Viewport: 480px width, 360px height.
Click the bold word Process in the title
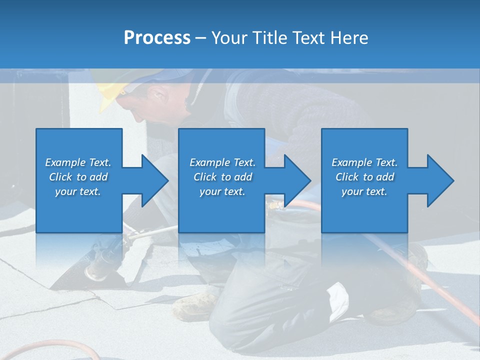[157, 38]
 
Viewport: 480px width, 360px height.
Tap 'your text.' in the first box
[78, 191]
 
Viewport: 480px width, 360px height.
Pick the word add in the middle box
[243, 177]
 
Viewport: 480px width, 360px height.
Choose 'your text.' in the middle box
[222, 191]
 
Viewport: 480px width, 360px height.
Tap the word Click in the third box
[347, 177]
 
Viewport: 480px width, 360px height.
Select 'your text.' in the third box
[364, 191]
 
